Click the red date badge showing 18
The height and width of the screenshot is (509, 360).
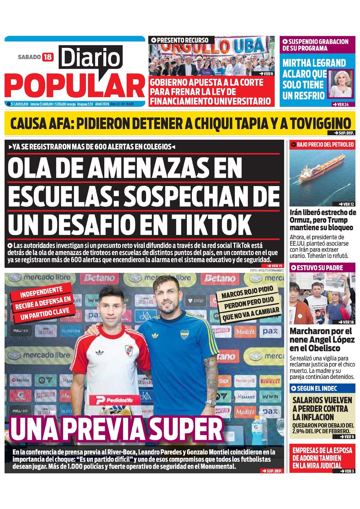(48, 57)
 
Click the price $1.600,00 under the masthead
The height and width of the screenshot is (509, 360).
(19, 104)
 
